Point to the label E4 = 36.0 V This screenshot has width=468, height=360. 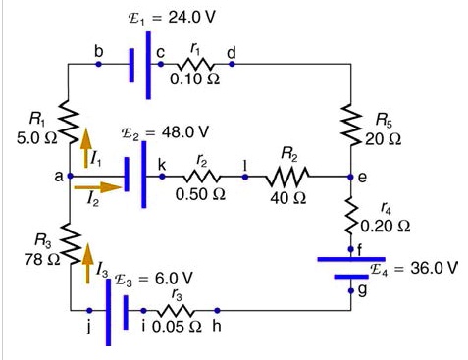pyautogui.click(x=413, y=267)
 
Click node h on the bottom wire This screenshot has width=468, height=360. pyautogui.click(x=217, y=309)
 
